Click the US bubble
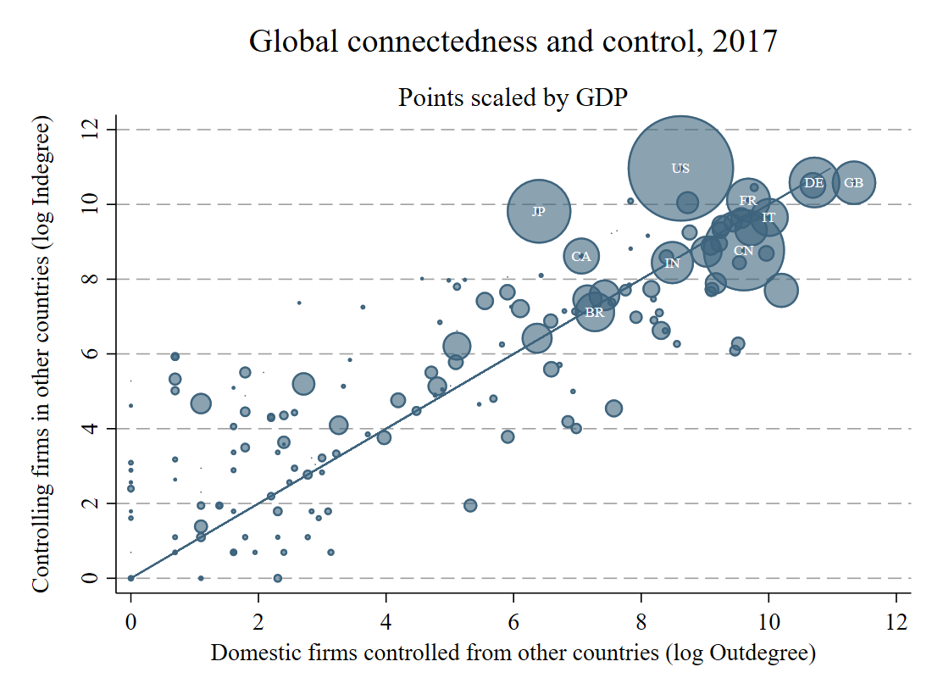[680, 168]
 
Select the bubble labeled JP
[539, 211]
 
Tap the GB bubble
[853, 182]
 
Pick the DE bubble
[813, 182]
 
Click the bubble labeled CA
[581, 256]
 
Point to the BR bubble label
[595, 313]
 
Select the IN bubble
[672, 264]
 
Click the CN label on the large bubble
[743, 251]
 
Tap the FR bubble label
[747, 201]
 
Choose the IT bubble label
[768, 218]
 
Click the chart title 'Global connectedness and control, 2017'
[513, 42]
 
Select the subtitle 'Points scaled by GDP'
[513, 97]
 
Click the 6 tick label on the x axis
[513, 621]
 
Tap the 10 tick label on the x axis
[768, 621]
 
